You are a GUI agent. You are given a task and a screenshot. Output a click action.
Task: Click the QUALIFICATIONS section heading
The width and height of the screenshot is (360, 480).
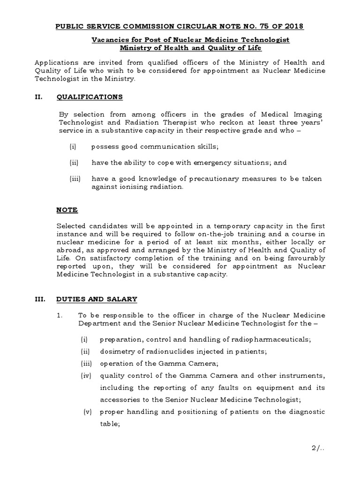point(90,97)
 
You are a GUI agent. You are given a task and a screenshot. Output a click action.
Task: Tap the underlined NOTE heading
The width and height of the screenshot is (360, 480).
point(67,210)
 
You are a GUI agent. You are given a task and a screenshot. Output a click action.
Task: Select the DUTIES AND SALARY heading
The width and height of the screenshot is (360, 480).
point(97,299)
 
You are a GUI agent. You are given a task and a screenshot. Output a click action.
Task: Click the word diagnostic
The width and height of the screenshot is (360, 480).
point(307,412)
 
